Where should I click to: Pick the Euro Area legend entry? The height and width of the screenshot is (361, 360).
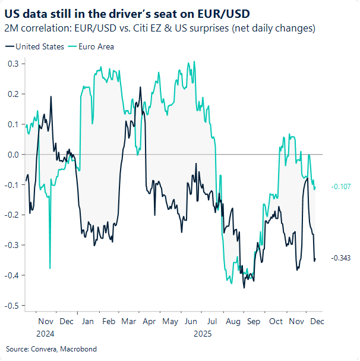coord(91,46)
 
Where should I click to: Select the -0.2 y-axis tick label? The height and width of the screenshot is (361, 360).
coord(12,215)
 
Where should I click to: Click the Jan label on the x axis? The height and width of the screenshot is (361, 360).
coord(87,321)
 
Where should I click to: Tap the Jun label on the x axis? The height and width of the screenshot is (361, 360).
coord(191,321)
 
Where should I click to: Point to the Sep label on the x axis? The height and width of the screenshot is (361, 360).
coord(254,321)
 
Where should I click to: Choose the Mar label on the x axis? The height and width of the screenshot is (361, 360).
coord(128,321)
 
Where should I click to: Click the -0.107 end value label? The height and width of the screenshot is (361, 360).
coord(342,186)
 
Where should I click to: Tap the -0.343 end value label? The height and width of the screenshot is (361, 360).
coord(342,258)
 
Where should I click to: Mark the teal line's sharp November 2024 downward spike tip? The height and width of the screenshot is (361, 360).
coord(50,268)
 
